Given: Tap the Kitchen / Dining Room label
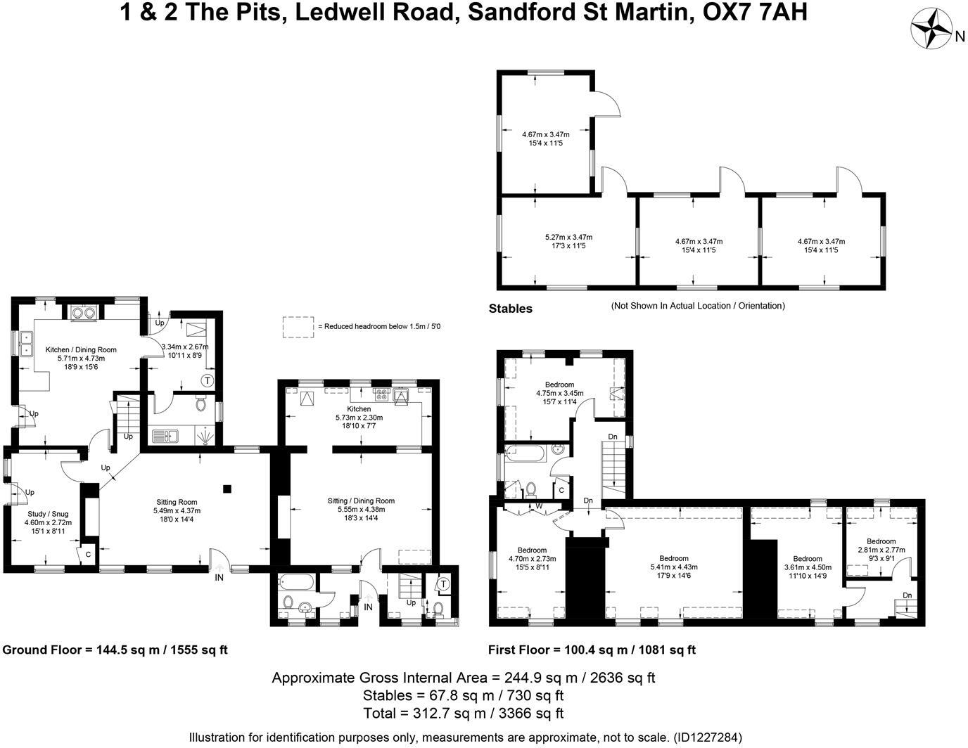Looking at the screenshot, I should [81, 349].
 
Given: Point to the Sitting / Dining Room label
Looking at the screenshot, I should [361, 501].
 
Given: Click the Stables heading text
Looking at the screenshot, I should [510, 309].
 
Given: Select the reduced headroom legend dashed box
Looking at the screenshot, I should [298, 326].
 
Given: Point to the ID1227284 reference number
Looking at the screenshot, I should [707, 737].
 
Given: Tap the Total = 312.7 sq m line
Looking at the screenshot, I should [464, 714].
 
